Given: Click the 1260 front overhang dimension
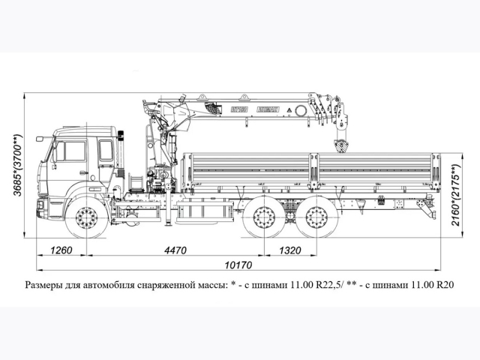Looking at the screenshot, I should [61, 250].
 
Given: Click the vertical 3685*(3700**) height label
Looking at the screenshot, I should [17, 165].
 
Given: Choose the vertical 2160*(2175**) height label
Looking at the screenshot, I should [457, 190].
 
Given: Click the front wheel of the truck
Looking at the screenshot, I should [87, 219].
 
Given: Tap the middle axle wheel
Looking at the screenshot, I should [264, 219].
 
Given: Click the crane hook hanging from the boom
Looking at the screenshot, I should [341, 142].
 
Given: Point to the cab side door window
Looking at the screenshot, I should [75, 151].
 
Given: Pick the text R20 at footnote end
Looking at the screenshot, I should [445, 285].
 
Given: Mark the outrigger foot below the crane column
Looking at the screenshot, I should [168, 222].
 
